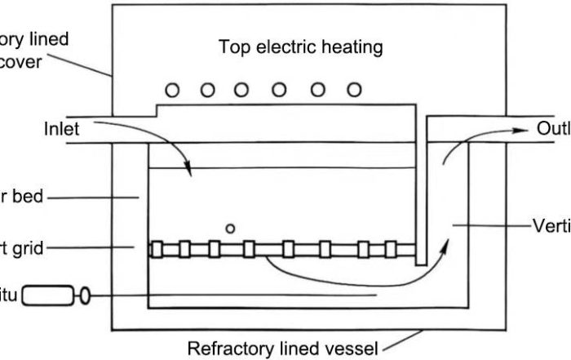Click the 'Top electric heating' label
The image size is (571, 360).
point(300,47)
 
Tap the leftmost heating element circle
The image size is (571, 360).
point(173,90)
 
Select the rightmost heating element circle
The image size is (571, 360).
point(353,90)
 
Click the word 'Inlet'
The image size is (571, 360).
point(62,128)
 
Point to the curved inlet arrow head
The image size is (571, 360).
point(190,172)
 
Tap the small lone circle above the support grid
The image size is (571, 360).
point(231,229)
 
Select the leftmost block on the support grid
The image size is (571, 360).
point(157,249)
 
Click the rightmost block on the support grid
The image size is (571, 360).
point(400,249)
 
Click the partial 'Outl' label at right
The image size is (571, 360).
point(553,128)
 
